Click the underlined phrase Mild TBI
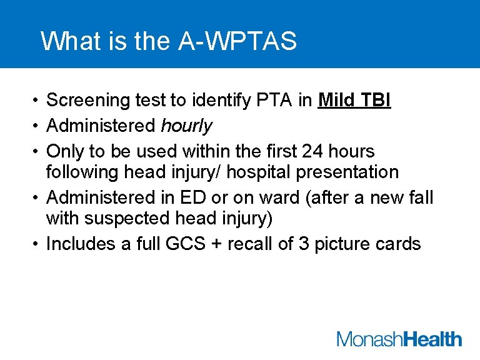pos(354,100)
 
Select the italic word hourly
pos(186,126)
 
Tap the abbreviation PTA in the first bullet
pos(267,100)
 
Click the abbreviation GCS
pos(185,244)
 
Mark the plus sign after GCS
pos(216,244)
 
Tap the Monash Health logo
pos(399,339)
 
